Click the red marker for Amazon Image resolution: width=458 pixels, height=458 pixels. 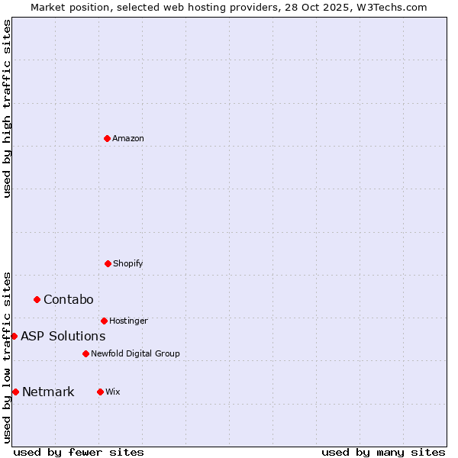tap(108, 138)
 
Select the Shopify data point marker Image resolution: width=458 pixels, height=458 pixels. tap(108, 263)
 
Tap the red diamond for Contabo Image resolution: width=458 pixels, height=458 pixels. tap(37, 299)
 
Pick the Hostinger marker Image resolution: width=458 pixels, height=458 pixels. tap(104, 321)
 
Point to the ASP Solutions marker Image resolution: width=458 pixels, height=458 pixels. tap(14, 336)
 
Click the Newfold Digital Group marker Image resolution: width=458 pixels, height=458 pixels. tap(85, 353)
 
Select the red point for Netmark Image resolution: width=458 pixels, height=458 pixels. tap(15, 392)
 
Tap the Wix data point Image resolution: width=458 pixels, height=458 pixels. tap(100, 392)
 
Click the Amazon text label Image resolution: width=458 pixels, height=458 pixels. tap(128, 138)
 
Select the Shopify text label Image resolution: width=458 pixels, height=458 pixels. tap(128, 263)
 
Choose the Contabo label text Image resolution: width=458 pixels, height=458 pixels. tap(68, 299)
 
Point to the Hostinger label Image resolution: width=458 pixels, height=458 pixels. tap(128, 321)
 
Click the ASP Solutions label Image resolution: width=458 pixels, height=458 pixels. tap(63, 336)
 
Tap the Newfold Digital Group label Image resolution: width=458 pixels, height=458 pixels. tap(135, 353)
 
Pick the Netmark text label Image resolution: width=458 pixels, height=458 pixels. tap(48, 392)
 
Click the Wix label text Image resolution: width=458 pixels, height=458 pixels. tap(113, 392)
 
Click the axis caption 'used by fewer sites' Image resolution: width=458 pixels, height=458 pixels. tap(79, 452)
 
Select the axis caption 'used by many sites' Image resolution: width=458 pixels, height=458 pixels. tap(383, 452)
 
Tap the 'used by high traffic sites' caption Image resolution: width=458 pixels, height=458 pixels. tap(7, 108)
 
